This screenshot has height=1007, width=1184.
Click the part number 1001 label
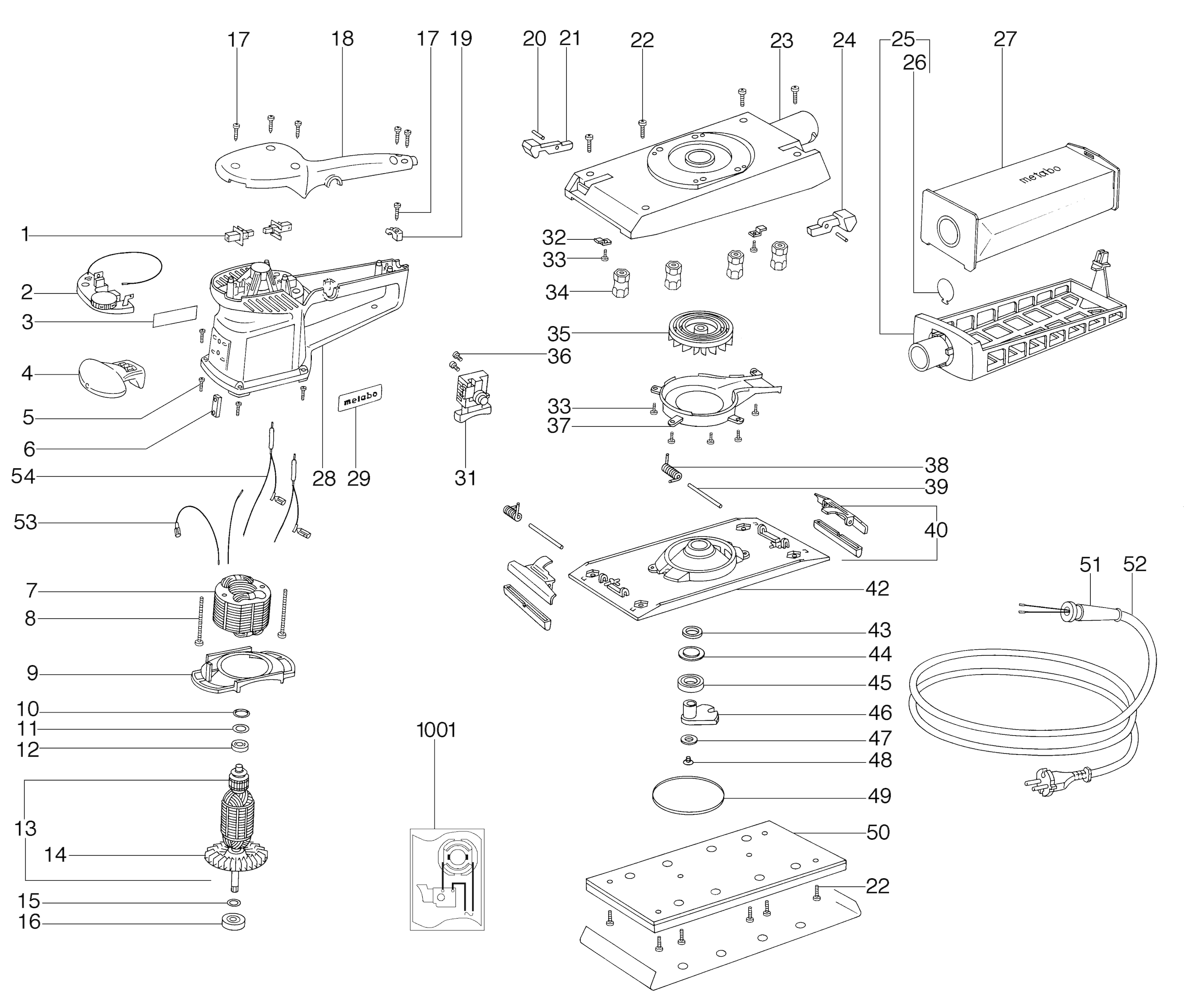click(x=436, y=730)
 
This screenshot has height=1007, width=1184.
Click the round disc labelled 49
click(x=688, y=795)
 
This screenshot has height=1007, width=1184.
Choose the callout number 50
click(x=878, y=832)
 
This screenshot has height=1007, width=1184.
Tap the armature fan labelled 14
click(x=235, y=855)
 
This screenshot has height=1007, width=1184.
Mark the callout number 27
click(x=1005, y=39)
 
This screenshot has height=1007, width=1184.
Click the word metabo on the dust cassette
click(x=1039, y=174)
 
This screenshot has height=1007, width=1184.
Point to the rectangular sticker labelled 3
click(x=175, y=316)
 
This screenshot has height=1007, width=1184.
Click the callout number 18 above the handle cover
click(x=342, y=39)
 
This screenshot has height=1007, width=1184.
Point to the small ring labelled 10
click(x=241, y=713)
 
